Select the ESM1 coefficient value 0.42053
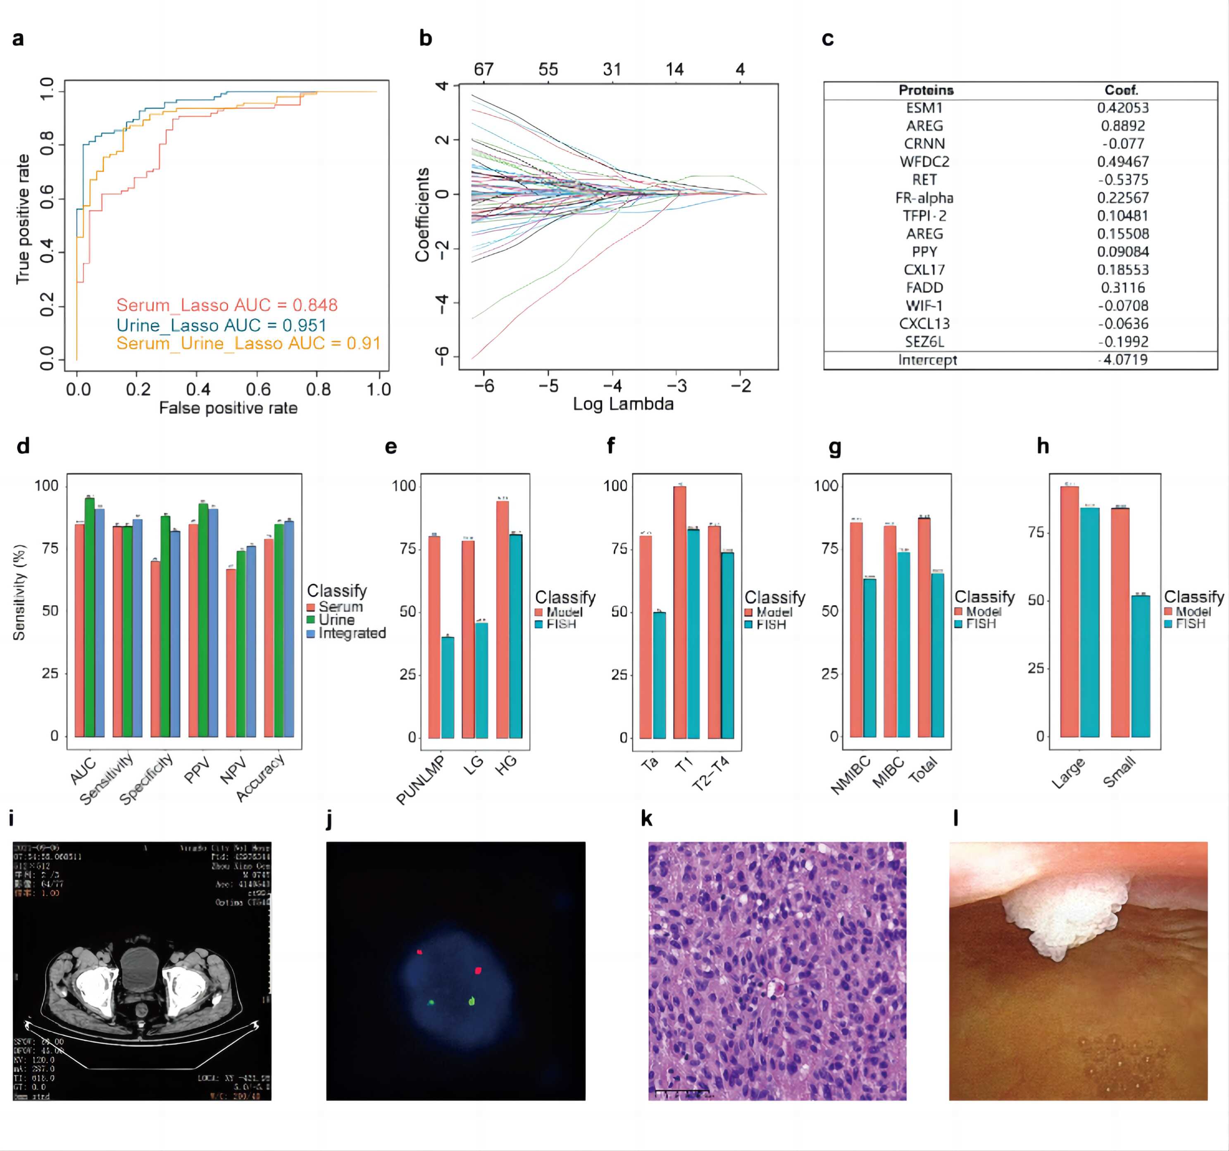point(1123,107)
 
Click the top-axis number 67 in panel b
point(484,69)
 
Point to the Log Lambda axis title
point(622,404)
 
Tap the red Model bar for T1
point(679,612)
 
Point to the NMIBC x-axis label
point(850,775)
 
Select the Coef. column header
point(1121,90)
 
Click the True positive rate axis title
point(23,219)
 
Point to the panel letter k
point(647,819)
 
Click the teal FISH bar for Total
point(937,655)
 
